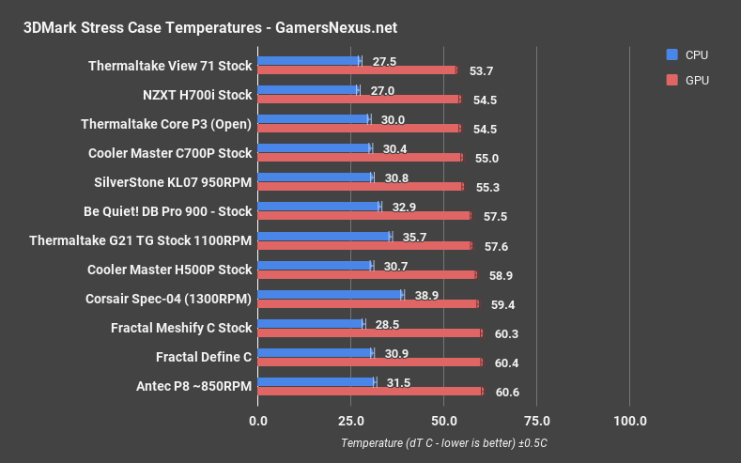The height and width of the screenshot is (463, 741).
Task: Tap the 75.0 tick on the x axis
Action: pos(536,420)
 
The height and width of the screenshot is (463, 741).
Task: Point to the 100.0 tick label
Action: pos(629,420)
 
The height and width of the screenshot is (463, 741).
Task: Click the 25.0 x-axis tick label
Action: pos(350,420)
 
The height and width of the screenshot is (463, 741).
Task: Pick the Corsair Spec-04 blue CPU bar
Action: pos(330,294)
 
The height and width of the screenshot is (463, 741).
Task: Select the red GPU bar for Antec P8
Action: pos(370,392)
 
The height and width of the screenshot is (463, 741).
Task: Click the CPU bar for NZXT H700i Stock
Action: pos(307,90)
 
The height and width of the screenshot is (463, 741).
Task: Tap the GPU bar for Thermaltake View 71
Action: pos(357,69)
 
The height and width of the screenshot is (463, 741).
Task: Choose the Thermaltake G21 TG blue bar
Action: pos(323,236)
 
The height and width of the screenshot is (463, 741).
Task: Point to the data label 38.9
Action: pos(425,294)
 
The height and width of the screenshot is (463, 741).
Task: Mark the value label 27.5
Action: pos(383,61)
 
